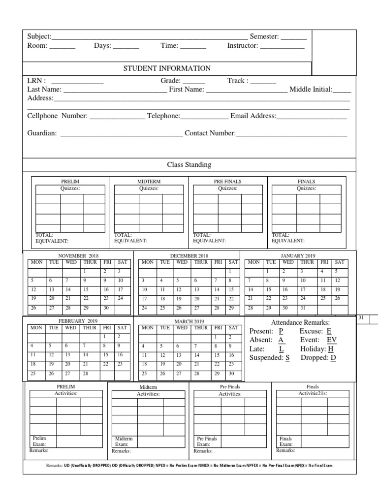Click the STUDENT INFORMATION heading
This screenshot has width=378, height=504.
[x=167, y=68]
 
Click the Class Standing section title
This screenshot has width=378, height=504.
[x=189, y=165]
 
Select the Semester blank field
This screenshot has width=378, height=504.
[x=294, y=38]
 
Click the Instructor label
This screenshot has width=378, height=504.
[x=243, y=46]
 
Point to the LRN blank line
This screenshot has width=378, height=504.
[x=77, y=82]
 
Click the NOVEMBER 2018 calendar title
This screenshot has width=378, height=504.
[x=79, y=256]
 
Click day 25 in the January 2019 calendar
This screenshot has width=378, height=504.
[x=323, y=298]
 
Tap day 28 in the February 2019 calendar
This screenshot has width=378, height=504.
[x=87, y=374]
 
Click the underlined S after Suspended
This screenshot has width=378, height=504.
[x=287, y=358]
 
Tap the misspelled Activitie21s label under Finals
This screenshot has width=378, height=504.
[x=313, y=394]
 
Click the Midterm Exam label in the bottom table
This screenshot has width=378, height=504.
[x=124, y=441]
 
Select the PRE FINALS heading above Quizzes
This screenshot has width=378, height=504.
[x=227, y=182]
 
